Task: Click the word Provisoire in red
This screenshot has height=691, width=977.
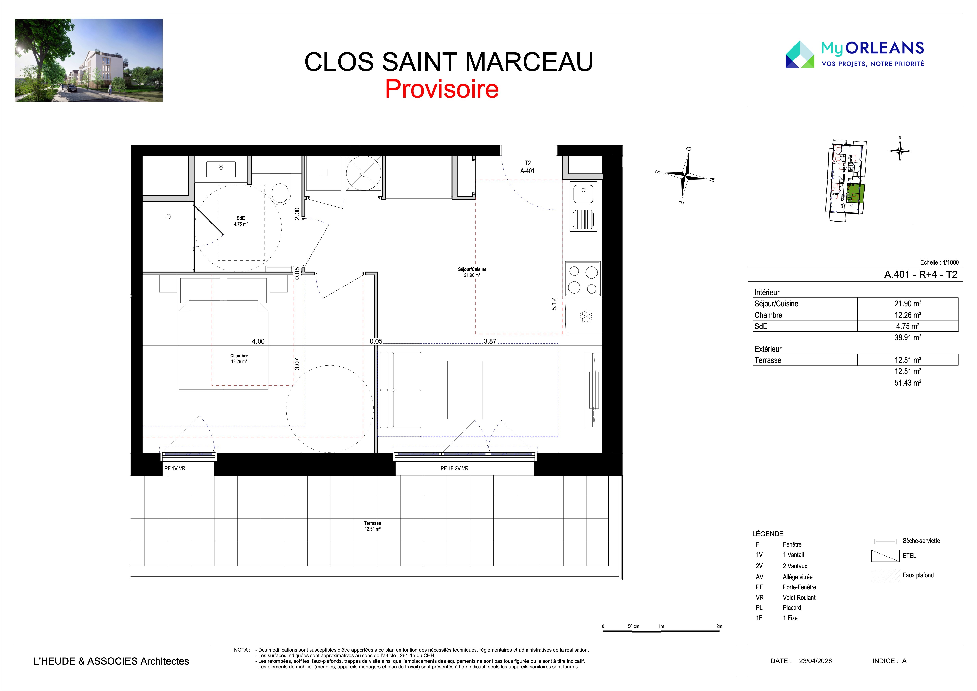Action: coord(442,89)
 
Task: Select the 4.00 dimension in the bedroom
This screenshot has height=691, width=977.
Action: coord(258,341)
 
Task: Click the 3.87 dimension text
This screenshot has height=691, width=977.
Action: coord(490,341)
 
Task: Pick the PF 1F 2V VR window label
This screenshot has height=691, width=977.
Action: coord(454,468)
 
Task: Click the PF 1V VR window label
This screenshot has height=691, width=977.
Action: coord(175,468)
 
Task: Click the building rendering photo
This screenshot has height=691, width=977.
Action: coord(89,60)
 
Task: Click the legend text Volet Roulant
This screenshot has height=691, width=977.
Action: coord(799,597)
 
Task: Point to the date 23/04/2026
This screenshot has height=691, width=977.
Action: coord(815,661)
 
